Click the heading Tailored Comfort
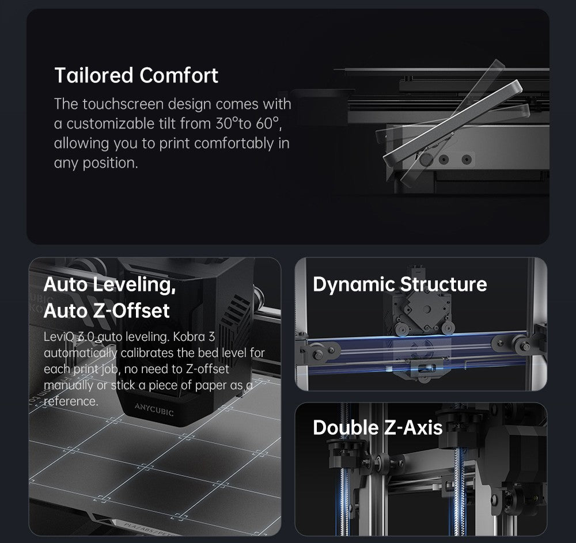coord(137,75)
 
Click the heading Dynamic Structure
coord(400,284)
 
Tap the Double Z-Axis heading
coord(378,427)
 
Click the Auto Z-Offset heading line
coord(107,310)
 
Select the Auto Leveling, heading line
coord(109,284)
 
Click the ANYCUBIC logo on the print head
coord(154,409)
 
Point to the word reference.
coord(71,401)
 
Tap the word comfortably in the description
coord(234,143)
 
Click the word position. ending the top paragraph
coord(111,163)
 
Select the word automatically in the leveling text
coord(81,353)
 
